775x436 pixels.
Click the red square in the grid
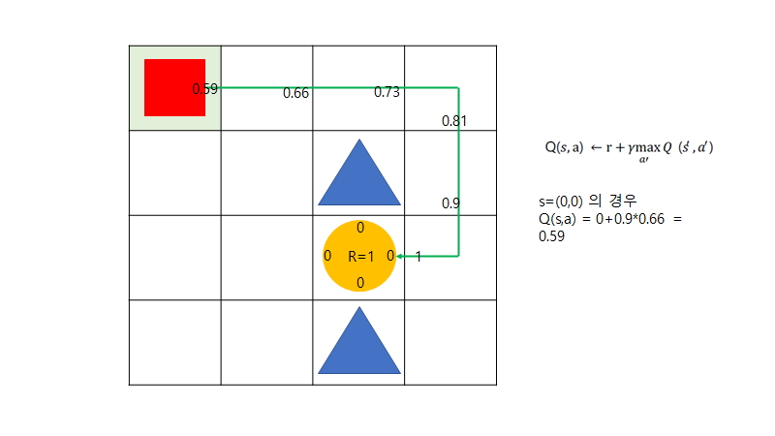point(174,87)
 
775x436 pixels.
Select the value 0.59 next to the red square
point(205,89)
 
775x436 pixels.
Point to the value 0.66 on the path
point(295,93)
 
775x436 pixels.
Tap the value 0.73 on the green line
point(387,92)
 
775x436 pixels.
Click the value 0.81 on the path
point(454,121)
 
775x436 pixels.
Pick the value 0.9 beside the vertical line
point(450,203)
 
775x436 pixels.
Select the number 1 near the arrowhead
point(418,257)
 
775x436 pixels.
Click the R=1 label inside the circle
point(360,257)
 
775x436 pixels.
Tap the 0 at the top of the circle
point(360,228)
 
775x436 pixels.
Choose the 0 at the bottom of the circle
point(360,283)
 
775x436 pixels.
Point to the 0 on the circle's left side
point(327,256)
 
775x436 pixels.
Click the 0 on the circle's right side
point(390,256)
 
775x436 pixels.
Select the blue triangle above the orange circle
point(358,173)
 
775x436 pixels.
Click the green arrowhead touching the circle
point(401,256)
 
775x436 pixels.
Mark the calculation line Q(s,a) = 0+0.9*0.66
point(610,219)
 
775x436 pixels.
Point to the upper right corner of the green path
point(458,87)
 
